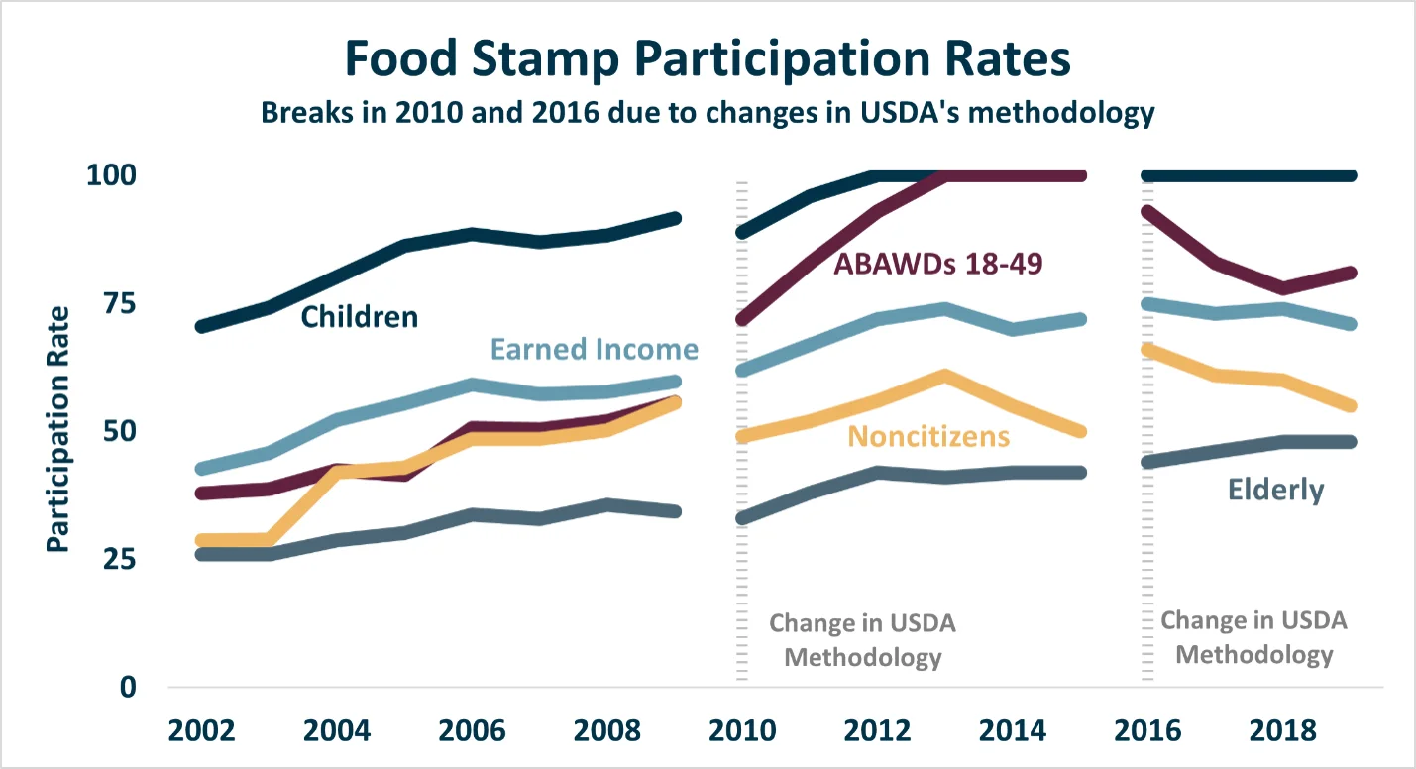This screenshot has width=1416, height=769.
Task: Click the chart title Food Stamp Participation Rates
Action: pyautogui.click(x=708, y=59)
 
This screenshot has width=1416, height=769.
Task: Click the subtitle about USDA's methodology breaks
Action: pyautogui.click(x=708, y=112)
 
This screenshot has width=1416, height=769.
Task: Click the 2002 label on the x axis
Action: pyautogui.click(x=201, y=731)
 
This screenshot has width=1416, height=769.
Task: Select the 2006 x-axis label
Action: pyautogui.click(x=472, y=731)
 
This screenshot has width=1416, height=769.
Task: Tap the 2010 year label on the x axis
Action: pyautogui.click(x=742, y=731)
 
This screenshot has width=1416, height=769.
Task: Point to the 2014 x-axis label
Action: pyautogui.click(x=1013, y=731)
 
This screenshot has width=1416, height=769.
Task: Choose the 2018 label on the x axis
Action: pyautogui.click(x=1283, y=731)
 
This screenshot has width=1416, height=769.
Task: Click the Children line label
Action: pyautogui.click(x=360, y=317)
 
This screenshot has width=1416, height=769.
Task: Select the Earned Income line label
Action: pyautogui.click(x=595, y=350)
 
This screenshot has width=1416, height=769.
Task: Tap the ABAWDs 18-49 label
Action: pyautogui.click(x=938, y=264)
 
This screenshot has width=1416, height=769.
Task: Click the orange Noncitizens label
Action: pyautogui.click(x=928, y=437)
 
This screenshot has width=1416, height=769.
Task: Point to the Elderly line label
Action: pyautogui.click(x=1275, y=490)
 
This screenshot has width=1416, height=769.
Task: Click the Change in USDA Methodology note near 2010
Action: pyautogui.click(x=863, y=640)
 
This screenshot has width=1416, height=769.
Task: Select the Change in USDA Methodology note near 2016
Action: pyautogui.click(x=1253, y=637)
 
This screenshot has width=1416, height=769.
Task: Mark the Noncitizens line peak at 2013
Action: pyautogui.click(x=945, y=376)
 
